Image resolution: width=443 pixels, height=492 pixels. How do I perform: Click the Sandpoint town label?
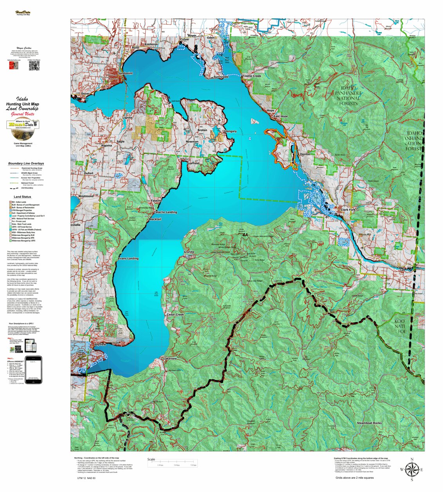click(126, 73)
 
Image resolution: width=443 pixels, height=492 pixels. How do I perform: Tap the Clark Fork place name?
click(348, 210)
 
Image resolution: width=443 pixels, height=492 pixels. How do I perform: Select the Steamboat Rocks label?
click(369, 423)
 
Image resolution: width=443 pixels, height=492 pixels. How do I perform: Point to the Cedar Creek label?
click(175, 314)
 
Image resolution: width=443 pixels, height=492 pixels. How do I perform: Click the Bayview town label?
click(100, 345)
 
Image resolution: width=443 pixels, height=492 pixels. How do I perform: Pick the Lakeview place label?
click(170, 358)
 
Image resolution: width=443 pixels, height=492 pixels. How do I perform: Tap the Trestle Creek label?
click(252, 76)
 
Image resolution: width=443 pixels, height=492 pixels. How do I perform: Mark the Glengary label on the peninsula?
click(230, 131)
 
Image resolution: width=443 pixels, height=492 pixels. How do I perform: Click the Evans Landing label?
click(128, 259)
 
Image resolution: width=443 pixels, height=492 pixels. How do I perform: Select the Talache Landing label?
click(165, 212)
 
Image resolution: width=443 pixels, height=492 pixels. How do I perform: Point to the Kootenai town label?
click(151, 45)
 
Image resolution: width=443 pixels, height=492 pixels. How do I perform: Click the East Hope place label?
click(281, 116)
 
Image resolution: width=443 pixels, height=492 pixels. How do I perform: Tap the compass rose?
click(411, 469)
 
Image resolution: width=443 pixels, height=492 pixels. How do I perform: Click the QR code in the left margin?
click(34, 66)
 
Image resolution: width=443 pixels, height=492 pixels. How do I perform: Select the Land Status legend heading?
click(22, 197)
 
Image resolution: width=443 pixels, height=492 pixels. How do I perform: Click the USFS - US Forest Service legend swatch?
click(11, 227)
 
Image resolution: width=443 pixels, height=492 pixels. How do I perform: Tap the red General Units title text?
click(22, 114)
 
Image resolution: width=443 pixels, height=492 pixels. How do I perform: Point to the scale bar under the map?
click(172, 463)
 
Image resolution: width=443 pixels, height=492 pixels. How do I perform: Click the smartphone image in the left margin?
click(33, 369)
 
